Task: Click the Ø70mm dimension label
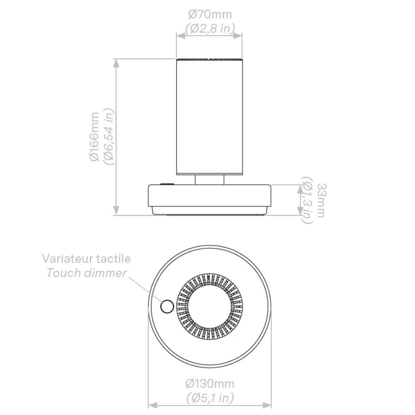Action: click(210, 15)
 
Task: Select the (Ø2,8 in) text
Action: click(210, 29)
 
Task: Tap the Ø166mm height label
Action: click(95, 137)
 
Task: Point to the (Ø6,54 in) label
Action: click(109, 137)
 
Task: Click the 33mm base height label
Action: click(321, 200)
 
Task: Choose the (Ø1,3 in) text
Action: click(307, 200)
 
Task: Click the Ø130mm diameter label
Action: click(210, 383)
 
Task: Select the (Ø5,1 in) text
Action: click(210, 398)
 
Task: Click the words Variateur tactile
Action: click(87, 259)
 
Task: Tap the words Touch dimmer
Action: click(87, 273)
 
